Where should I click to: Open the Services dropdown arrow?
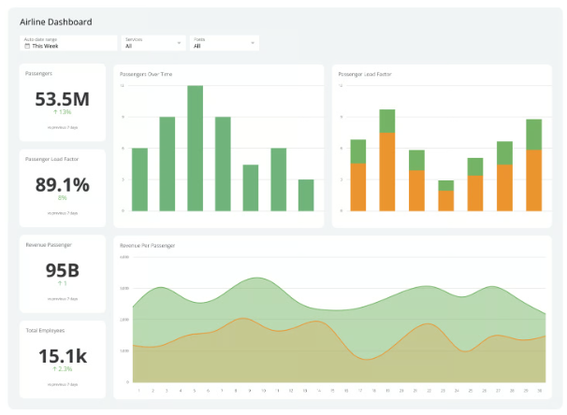(x=179, y=43)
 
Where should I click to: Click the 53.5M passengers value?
(x=63, y=99)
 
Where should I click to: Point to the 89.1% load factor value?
(x=63, y=185)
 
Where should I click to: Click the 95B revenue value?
(x=63, y=270)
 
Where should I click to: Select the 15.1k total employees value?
(x=63, y=356)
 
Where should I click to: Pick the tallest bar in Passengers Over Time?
(x=196, y=148)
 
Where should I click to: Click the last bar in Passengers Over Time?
(x=306, y=194)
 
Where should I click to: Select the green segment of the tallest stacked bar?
(x=386, y=121)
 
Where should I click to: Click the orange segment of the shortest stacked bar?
(x=445, y=201)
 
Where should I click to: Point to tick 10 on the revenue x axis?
(x=263, y=390)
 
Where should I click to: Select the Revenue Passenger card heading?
(x=49, y=245)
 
